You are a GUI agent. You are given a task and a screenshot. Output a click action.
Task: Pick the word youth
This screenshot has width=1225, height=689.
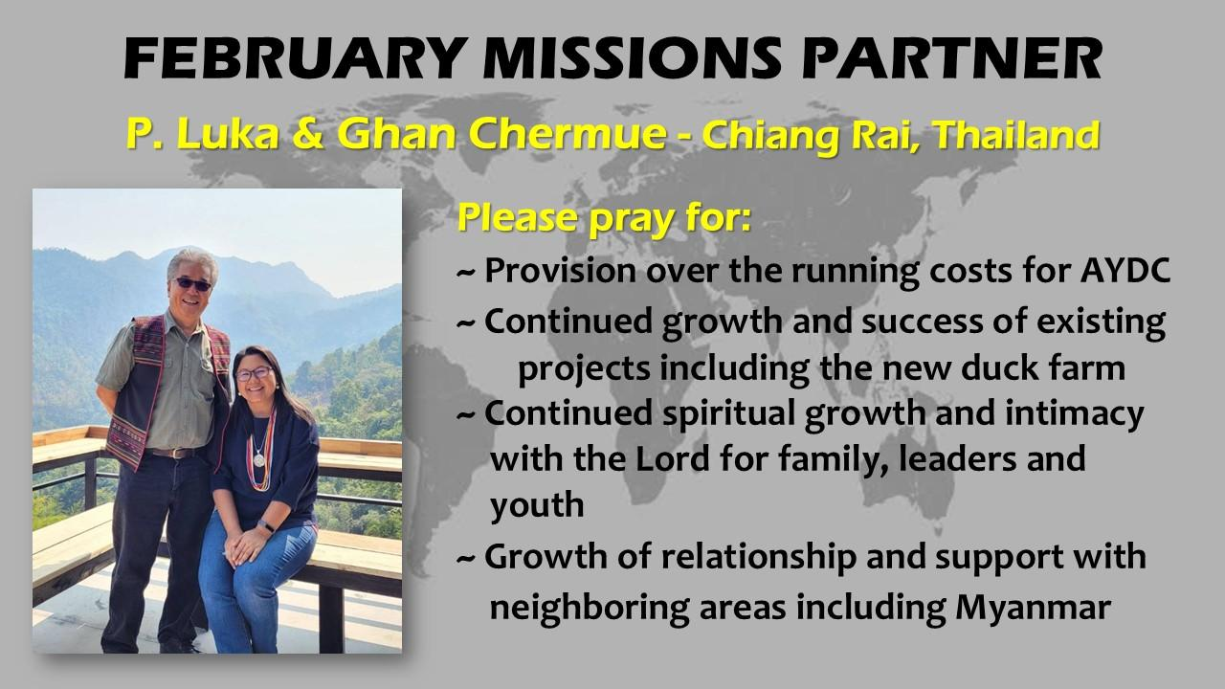537,504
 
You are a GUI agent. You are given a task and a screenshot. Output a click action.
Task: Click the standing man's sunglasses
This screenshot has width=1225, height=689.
192,283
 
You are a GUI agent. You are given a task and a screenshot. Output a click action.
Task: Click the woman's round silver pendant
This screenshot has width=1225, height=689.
258,458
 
